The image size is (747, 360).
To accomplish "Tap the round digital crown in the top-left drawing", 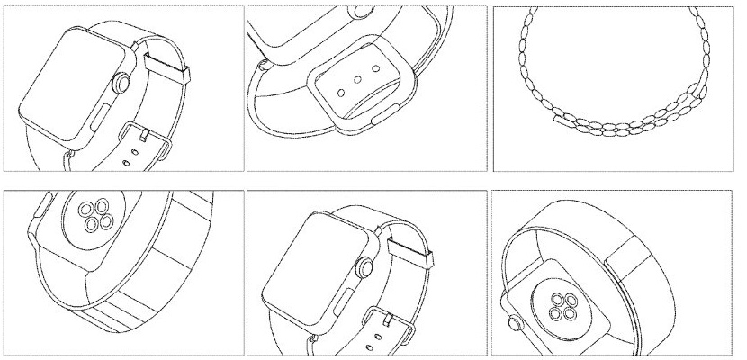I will click(x=120, y=87).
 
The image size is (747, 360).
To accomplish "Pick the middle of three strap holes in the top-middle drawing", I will click(x=355, y=80).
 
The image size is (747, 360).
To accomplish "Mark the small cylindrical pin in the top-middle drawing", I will click(x=262, y=66).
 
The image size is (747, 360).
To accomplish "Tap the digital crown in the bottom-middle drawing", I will click(x=364, y=267).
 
